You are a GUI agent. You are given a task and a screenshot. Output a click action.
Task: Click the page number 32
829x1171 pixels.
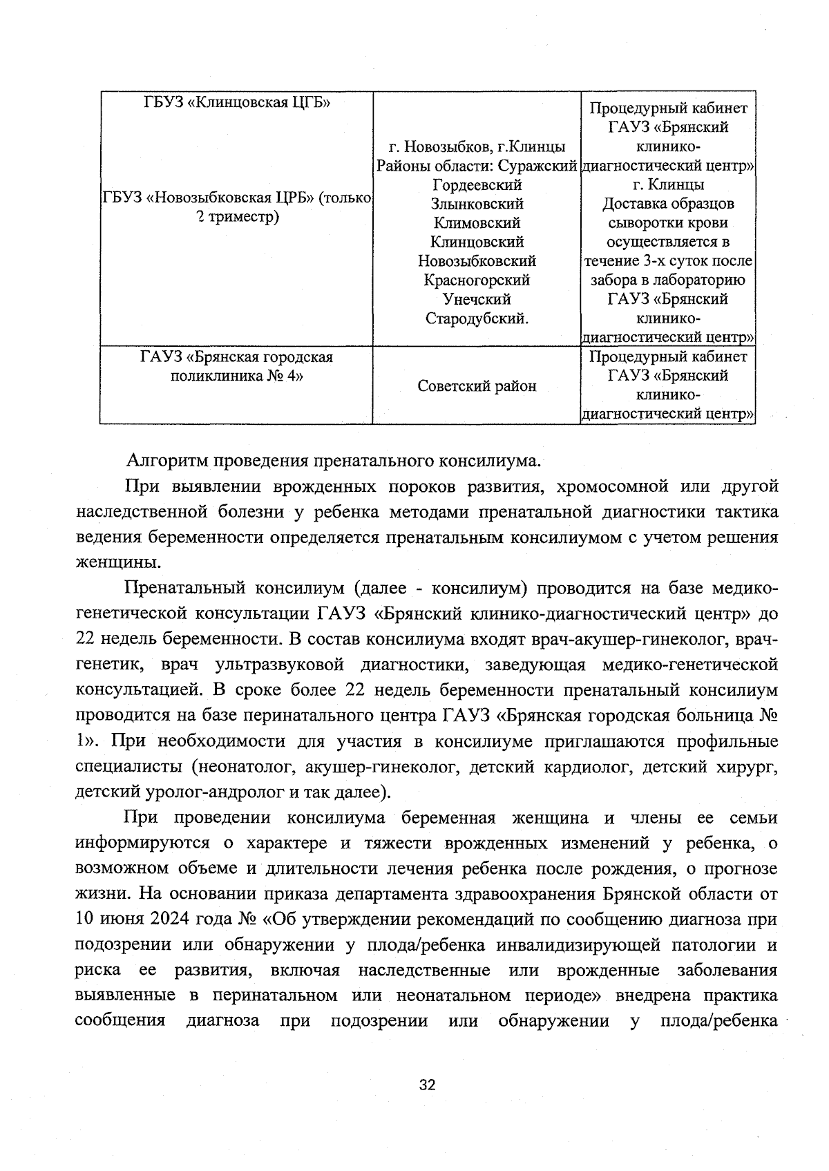[x=427, y=1085]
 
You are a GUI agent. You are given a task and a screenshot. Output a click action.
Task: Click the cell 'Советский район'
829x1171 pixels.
[x=477, y=386]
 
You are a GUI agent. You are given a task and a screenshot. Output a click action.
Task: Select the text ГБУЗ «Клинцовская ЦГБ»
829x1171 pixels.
[x=237, y=103]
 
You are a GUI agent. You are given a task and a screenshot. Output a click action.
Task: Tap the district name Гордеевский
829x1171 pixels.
[x=477, y=185]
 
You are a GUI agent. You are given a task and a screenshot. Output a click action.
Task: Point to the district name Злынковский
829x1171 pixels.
[x=477, y=204]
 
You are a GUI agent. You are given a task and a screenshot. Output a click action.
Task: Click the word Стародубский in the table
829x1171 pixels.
[x=477, y=318]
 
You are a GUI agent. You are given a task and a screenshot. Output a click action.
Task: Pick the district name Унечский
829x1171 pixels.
[x=477, y=299]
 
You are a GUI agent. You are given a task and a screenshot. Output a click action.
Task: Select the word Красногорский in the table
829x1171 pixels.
[x=477, y=280]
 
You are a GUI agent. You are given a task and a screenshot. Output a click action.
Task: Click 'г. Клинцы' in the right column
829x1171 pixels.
[x=668, y=185]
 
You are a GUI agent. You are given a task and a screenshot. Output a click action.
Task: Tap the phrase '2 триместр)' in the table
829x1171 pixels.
[x=237, y=217]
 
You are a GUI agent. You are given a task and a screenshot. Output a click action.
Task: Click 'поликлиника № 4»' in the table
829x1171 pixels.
[x=237, y=376]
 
